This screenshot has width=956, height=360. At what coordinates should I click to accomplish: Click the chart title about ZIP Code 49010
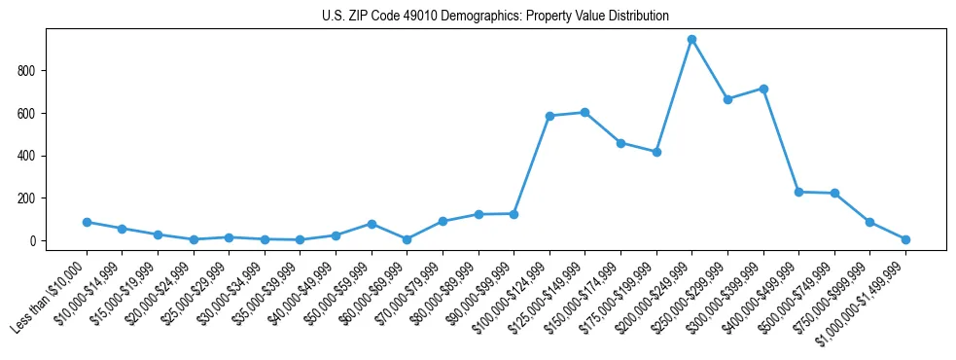[x=495, y=16]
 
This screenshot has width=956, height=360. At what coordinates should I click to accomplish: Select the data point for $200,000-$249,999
[x=691, y=40]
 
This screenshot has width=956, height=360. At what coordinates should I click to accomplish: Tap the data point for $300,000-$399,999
[x=763, y=89]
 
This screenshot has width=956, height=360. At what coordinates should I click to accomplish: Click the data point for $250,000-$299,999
[x=727, y=99]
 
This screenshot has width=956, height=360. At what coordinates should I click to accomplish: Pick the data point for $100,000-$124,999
[x=549, y=116]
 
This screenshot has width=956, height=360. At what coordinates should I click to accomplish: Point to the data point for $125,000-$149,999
[x=584, y=112]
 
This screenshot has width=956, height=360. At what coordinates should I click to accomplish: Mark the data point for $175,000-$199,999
[x=656, y=152]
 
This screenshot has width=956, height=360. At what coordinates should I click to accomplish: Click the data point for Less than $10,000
[x=87, y=222]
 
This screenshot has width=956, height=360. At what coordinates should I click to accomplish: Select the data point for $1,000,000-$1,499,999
[x=905, y=239]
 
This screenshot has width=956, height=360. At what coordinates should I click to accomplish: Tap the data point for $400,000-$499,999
[x=798, y=192]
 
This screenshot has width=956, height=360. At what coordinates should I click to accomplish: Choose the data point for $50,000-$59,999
[x=372, y=224]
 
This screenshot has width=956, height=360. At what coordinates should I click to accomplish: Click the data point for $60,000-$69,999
[x=407, y=239]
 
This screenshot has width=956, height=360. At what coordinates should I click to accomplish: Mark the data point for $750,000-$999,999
[x=869, y=222]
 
